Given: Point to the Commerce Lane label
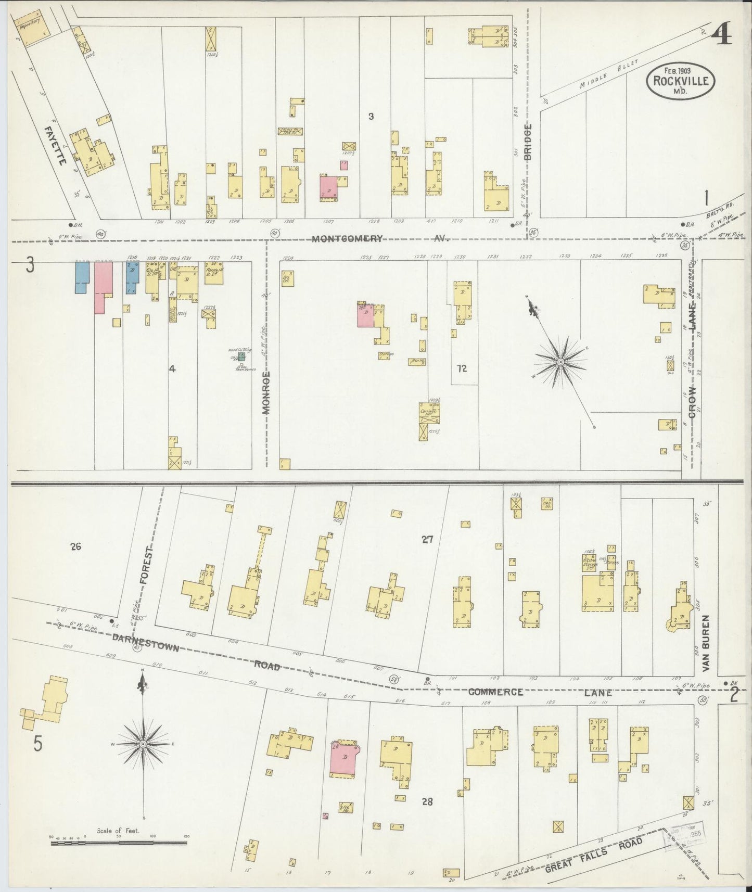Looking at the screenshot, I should [540, 692].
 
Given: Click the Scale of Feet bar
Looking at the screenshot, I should [119, 842].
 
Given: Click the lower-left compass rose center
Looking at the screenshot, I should [143, 745].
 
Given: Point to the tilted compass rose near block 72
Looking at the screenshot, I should [561, 362].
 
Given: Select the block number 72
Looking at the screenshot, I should [461, 369].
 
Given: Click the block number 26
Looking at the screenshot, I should [76, 546].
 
